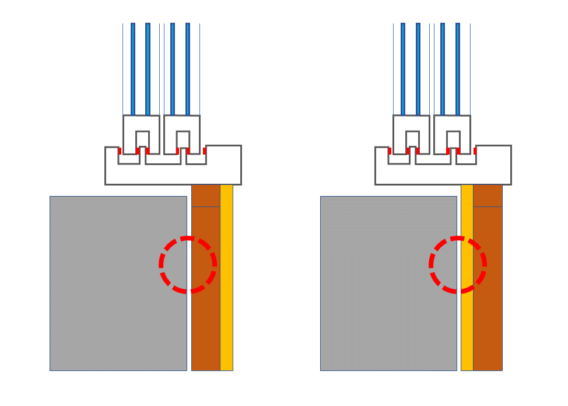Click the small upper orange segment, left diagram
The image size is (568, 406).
point(206,195)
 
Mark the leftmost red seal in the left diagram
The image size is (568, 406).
point(120,151)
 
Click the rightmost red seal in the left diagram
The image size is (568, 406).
point(204,151)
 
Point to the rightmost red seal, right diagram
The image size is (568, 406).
point(475,151)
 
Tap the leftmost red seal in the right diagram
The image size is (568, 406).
point(390,151)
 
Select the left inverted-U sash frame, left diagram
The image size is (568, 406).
point(141,123)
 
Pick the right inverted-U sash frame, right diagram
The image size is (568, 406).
point(452,123)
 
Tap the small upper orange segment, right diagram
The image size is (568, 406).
point(488,195)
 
